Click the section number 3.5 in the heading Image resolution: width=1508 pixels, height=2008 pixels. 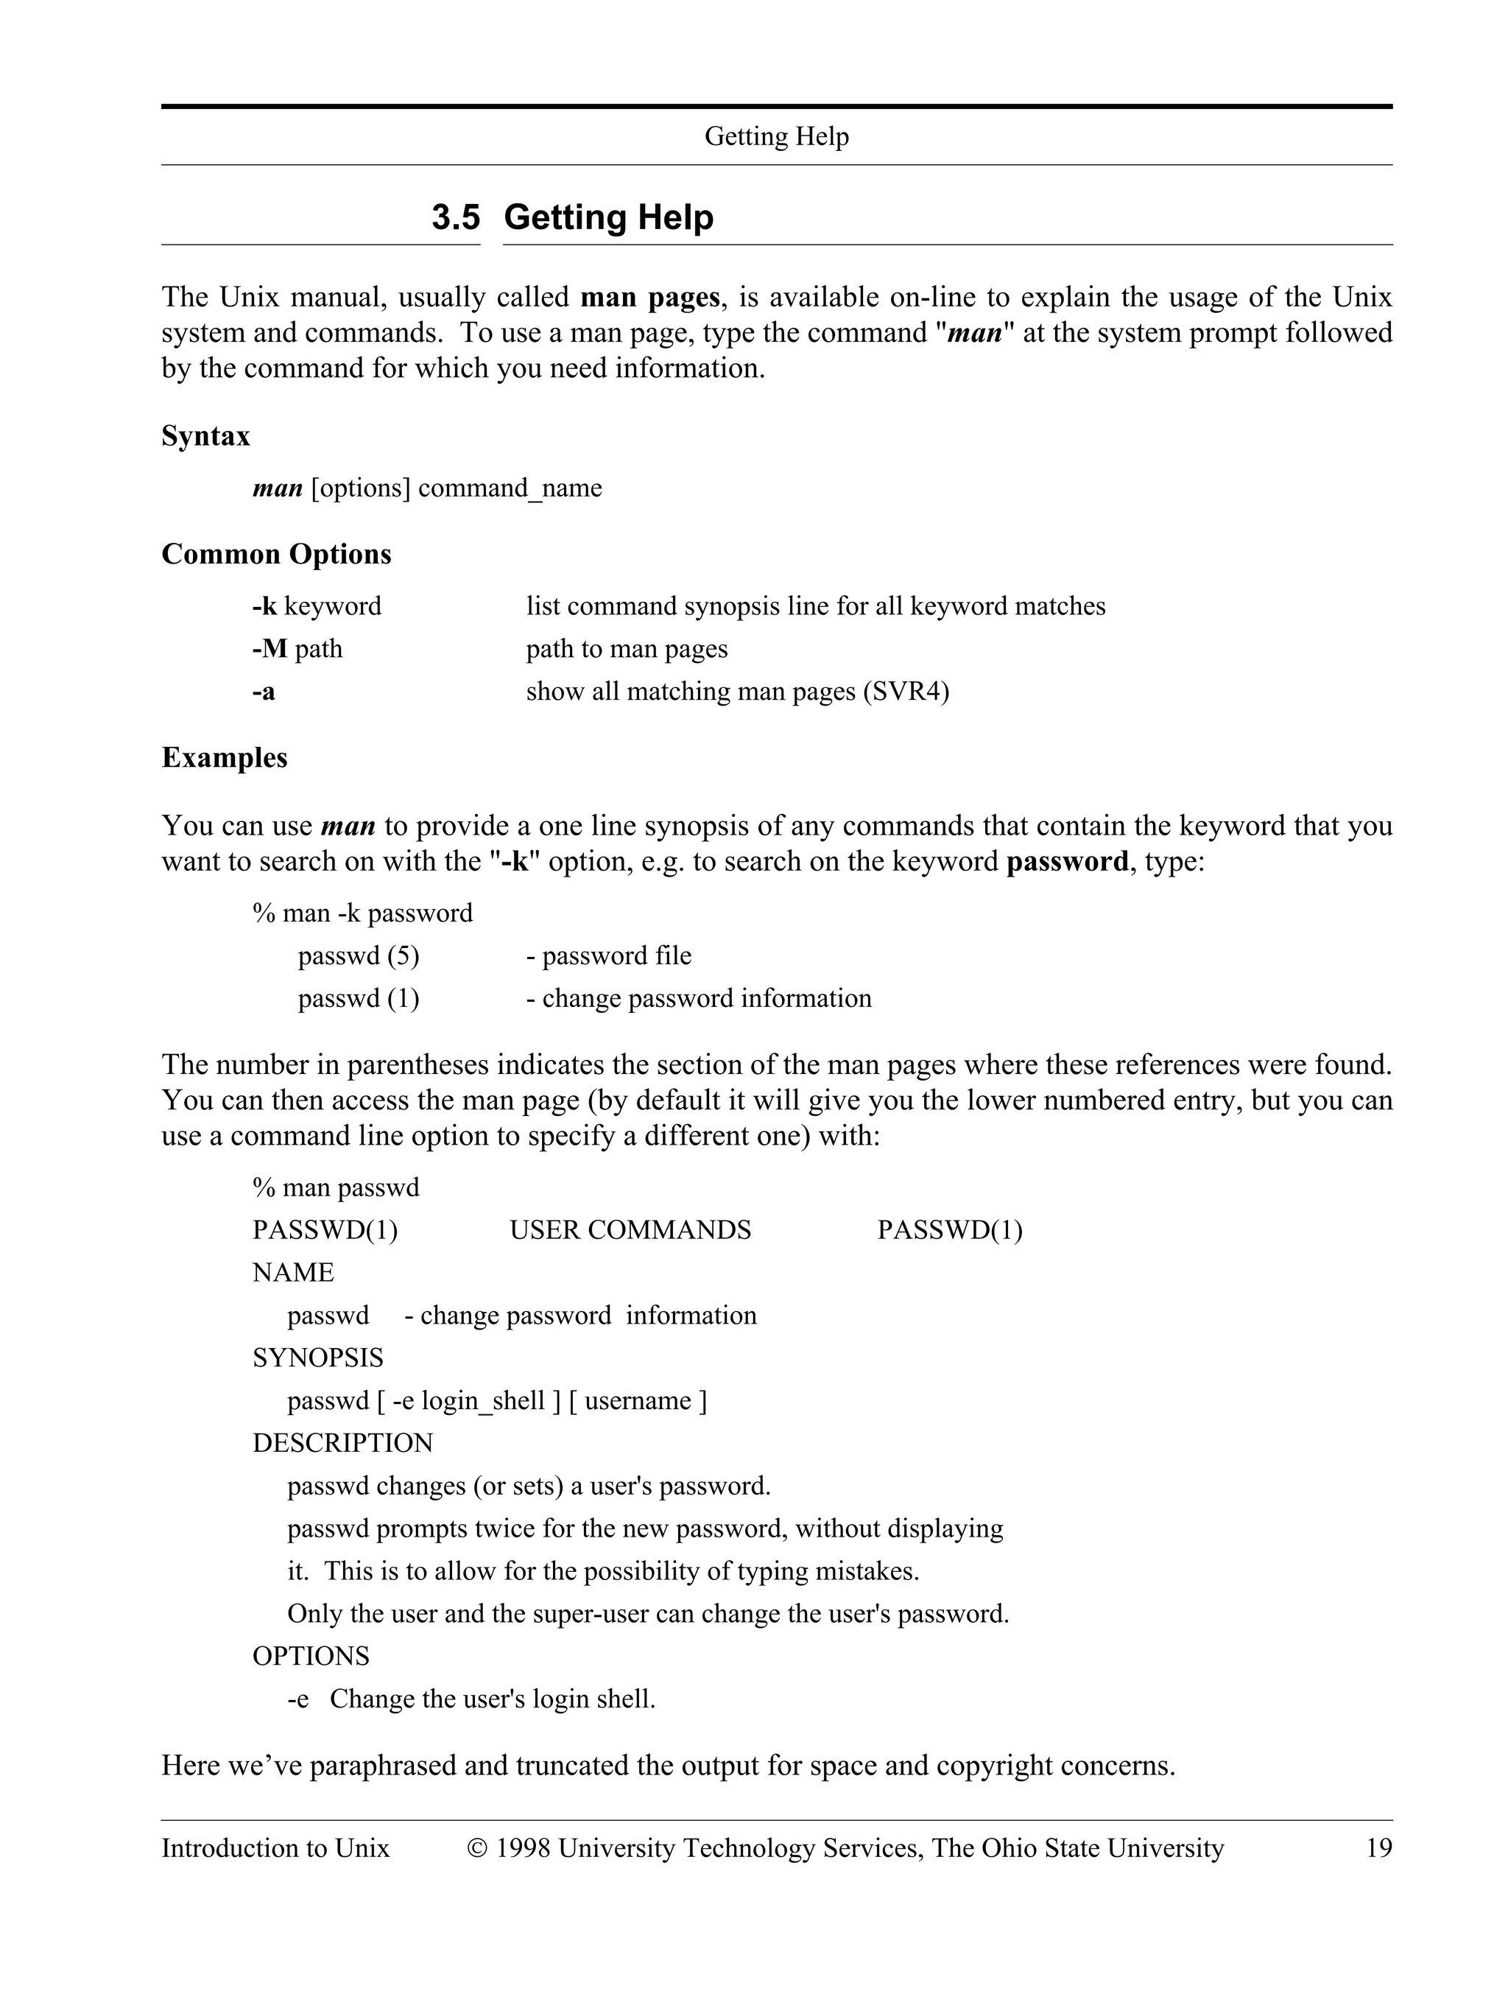coord(456,218)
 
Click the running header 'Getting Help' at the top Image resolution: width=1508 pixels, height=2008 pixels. coord(776,137)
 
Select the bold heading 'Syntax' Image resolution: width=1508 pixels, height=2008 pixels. coord(206,437)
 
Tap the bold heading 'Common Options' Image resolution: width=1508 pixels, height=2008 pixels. coord(276,554)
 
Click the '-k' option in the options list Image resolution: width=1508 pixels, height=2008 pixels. coord(265,605)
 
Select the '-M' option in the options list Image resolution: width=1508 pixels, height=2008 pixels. coord(269,648)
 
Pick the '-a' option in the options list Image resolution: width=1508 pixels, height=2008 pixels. coord(264,692)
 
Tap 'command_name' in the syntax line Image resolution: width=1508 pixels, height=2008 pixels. coord(510,488)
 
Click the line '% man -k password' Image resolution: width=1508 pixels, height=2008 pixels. coord(363,913)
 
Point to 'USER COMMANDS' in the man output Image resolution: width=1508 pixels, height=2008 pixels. coord(630,1230)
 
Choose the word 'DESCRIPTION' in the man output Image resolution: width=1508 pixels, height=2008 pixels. coord(343,1442)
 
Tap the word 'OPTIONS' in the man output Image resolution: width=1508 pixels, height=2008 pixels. coord(311,1656)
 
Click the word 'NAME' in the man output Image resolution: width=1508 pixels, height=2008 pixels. coord(293,1273)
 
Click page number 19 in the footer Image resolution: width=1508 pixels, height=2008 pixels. coord(1378,1848)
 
